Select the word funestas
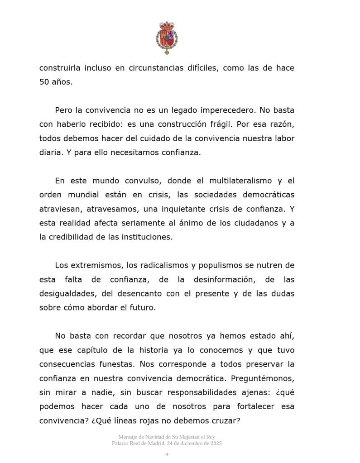tap(114, 364)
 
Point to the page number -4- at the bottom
tap(167, 454)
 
